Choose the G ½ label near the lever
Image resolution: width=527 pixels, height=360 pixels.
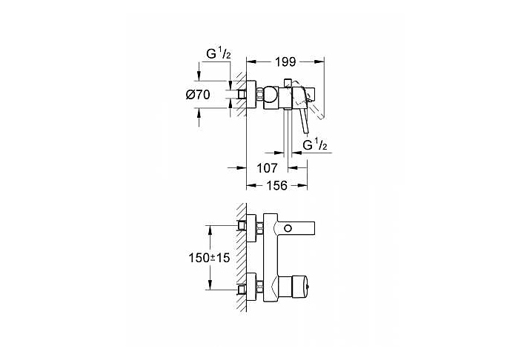316,145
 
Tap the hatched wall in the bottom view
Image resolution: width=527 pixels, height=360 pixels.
239,256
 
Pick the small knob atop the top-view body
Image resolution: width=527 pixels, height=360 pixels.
287,80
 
